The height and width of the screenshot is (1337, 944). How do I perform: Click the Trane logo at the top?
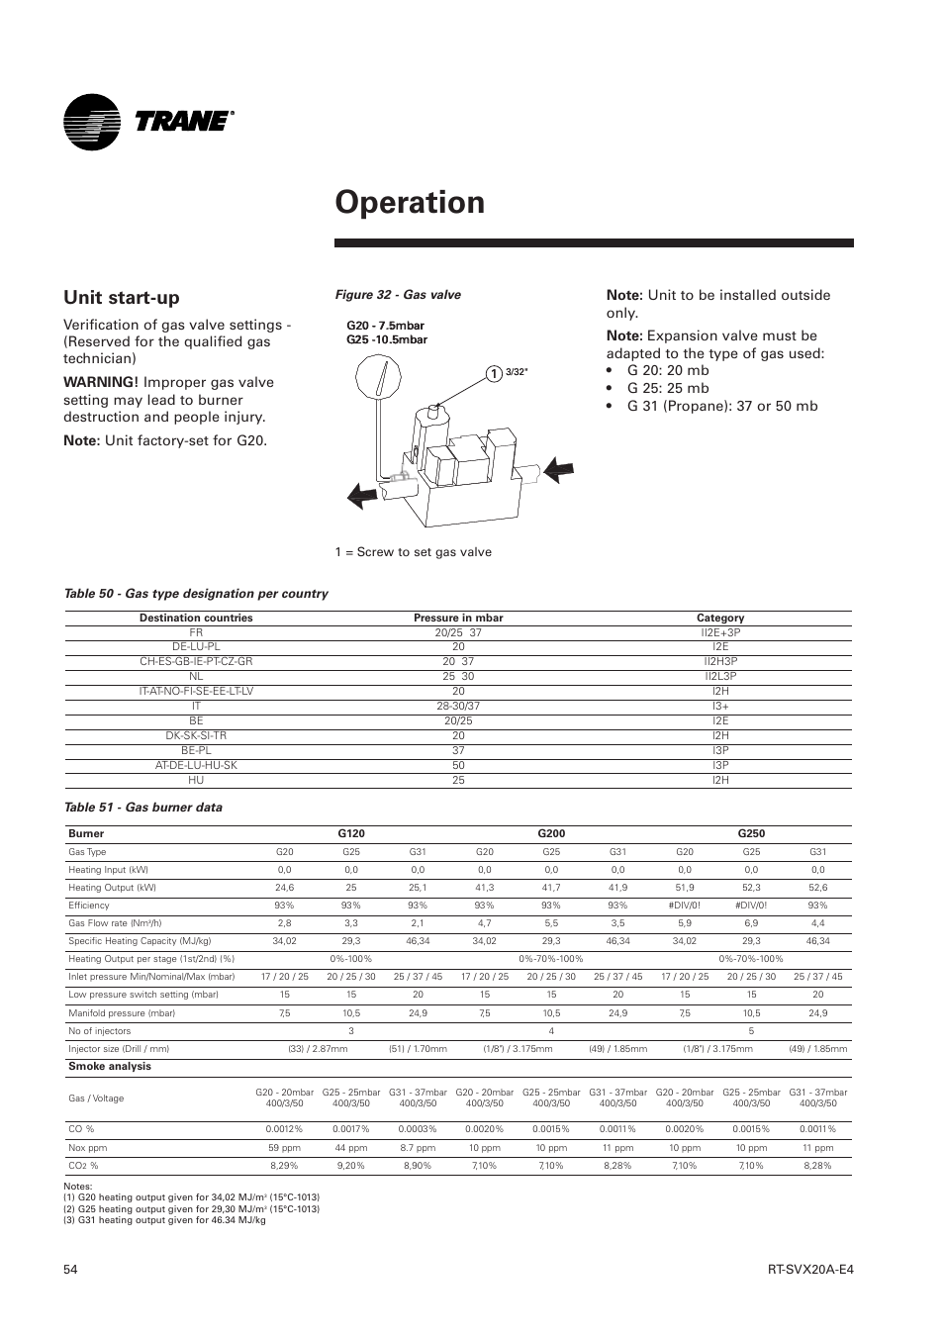point(148,122)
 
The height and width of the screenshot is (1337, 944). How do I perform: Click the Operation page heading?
point(410,202)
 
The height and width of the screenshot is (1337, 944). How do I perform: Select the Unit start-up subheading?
point(122,297)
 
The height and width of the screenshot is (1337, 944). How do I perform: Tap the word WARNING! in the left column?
point(99,382)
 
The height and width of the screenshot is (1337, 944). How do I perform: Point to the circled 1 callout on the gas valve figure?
point(489,373)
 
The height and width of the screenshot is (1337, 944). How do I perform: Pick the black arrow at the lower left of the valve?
point(362,494)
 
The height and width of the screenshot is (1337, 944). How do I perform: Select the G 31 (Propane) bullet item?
point(721,406)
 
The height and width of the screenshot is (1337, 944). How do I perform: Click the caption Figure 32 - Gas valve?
point(397,295)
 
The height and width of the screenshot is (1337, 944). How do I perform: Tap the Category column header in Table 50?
point(719,618)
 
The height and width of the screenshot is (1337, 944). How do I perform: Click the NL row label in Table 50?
point(196,677)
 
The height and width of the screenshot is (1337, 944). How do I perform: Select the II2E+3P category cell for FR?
point(719,632)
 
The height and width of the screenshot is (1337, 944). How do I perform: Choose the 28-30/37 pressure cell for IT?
point(457,707)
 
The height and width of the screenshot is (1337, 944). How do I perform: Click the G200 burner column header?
point(551,833)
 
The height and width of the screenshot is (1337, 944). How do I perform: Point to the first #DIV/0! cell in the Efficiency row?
point(685,906)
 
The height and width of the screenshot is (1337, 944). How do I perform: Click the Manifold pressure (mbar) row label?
point(122,1013)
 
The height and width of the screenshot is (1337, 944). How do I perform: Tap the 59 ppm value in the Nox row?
point(284,1148)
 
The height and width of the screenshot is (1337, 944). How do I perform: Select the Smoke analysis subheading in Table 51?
point(110,1067)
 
